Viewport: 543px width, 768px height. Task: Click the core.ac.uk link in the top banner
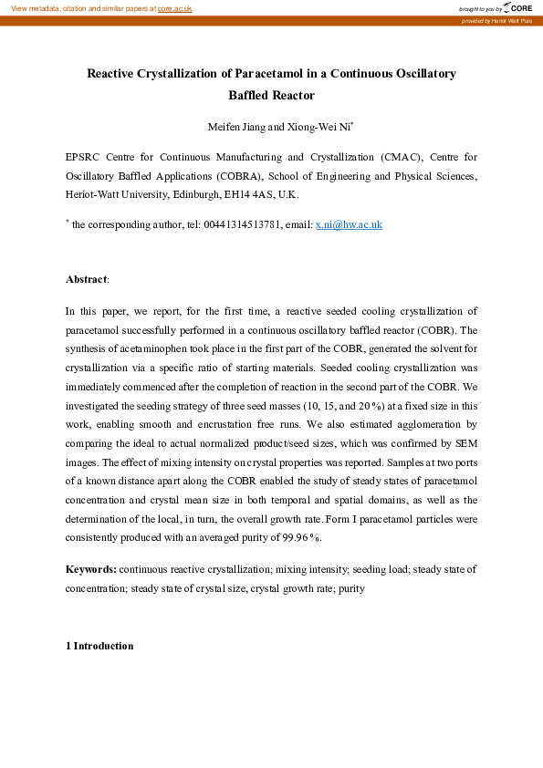click(174, 8)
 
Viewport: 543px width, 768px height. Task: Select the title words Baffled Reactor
click(271, 95)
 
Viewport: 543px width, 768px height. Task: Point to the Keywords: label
click(91, 569)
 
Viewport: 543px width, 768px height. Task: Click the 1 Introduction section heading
click(99, 646)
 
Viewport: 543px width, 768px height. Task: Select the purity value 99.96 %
click(298, 538)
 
